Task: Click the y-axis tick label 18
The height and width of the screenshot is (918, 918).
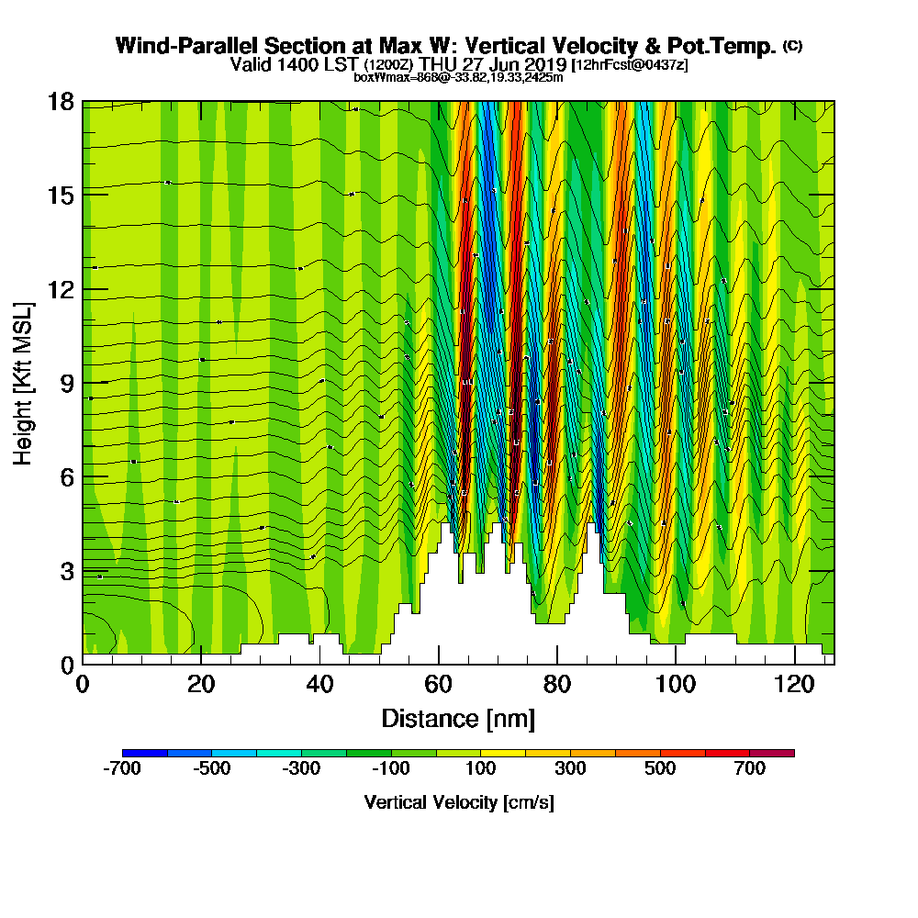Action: [x=61, y=101]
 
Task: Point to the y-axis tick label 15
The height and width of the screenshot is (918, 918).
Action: [x=61, y=195]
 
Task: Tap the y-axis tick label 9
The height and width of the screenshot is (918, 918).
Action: [x=66, y=383]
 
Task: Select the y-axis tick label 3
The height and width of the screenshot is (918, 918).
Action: [x=66, y=571]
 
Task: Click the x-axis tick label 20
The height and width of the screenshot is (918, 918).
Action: [x=201, y=685]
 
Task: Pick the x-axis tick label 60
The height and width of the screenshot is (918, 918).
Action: [x=438, y=685]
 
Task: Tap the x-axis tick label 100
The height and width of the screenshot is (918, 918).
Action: [x=675, y=685]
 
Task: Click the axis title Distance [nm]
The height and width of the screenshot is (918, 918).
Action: [x=458, y=718]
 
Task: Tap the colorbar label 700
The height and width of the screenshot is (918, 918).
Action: [x=750, y=769]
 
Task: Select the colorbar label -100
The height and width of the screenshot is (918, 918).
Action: [x=391, y=769]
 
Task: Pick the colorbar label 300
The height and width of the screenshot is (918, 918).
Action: [x=570, y=769]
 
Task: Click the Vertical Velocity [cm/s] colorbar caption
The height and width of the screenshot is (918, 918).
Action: [x=458, y=802]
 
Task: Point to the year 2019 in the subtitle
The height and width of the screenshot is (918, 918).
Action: [x=542, y=65]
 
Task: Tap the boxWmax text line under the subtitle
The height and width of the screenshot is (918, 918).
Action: [x=458, y=77]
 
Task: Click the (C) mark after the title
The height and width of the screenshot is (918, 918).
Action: [x=792, y=45]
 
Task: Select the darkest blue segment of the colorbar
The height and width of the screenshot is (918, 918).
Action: [x=145, y=753]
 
